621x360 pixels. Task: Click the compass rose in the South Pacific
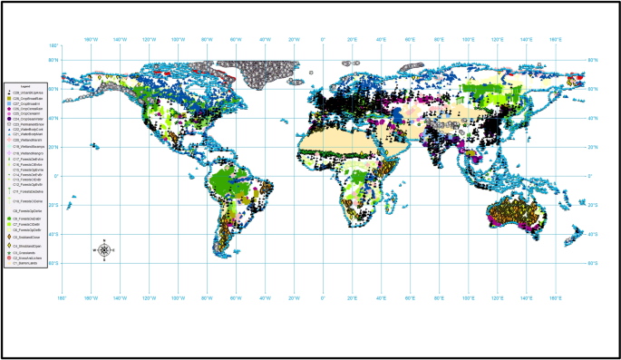point(104,250)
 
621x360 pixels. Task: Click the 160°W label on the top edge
point(91,39)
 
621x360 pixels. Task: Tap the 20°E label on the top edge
point(353,39)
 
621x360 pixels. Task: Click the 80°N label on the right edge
point(593,60)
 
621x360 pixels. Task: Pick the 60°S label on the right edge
point(593,263)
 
